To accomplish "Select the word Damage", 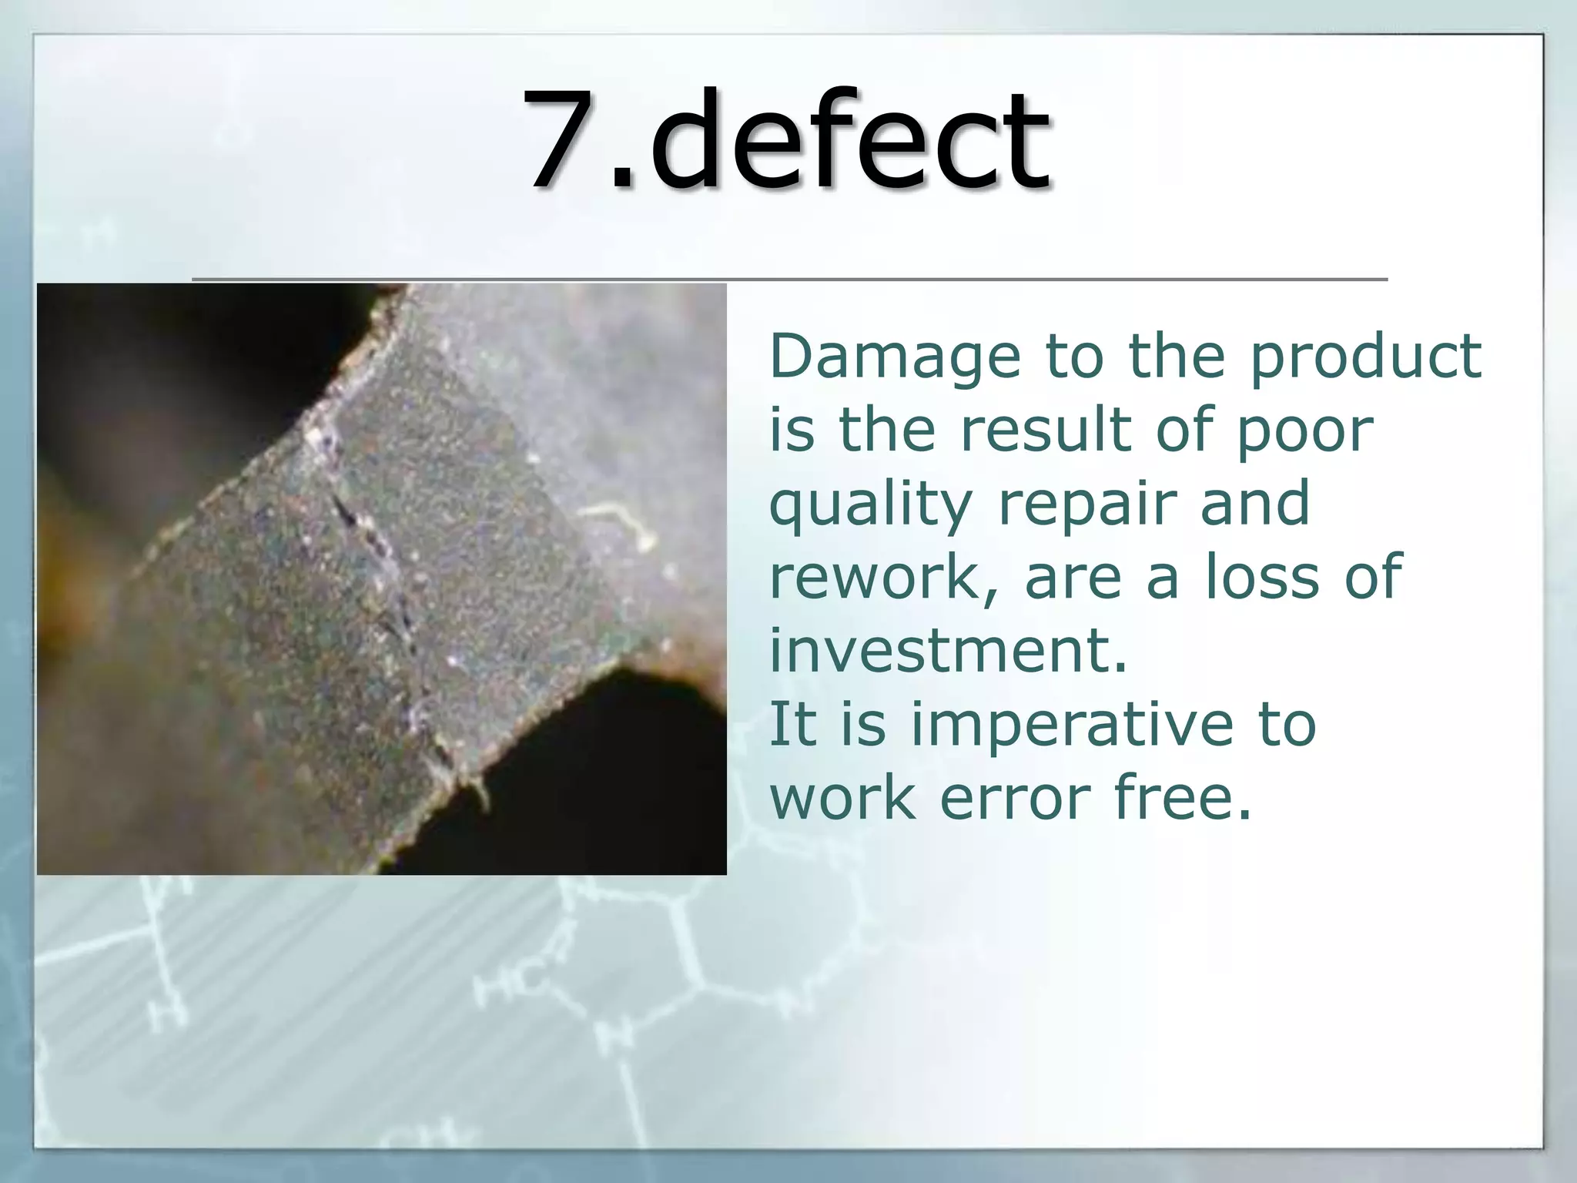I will pyautogui.click(x=894, y=359).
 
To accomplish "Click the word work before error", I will pyautogui.click(x=844, y=798).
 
